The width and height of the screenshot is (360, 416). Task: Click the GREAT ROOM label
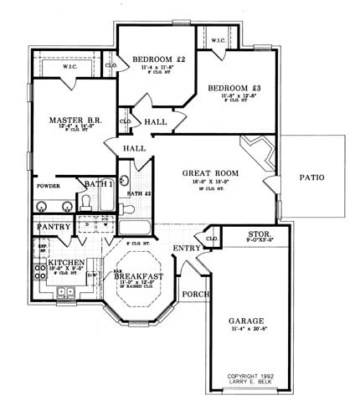pyautogui.click(x=210, y=174)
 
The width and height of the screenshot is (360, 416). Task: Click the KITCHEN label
pyautogui.click(x=65, y=263)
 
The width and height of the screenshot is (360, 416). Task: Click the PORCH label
pyautogui.click(x=195, y=294)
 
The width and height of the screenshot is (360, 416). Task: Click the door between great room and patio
pyautogui.click(x=270, y=186)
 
